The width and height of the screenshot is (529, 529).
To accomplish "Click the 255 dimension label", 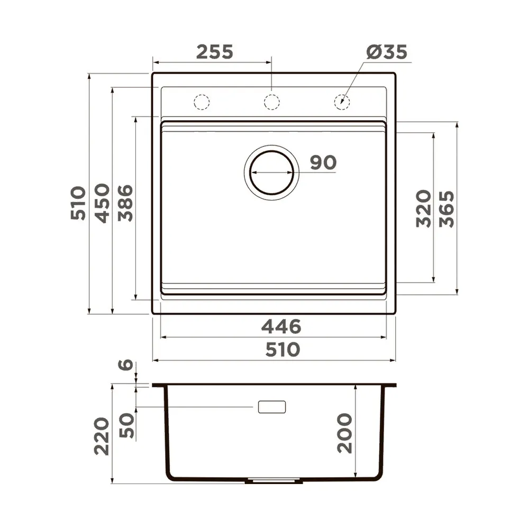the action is pyautogui.click(x=215, y=52).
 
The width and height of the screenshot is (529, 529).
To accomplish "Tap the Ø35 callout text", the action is pyautogui.click(x=387, y=52).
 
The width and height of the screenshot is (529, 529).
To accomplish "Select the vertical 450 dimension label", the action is pyautogui.click(x=102, y=203).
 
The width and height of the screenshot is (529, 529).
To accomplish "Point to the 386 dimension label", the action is pyautogui.click(x=125, y=203).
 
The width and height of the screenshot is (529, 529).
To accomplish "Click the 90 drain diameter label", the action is pyautogui.click(x=323, y=162).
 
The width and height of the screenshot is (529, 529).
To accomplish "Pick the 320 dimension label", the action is pyautogui.click(x=423, y=208).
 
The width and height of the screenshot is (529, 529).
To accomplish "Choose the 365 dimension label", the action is pyautogui.click(x=446, y=209).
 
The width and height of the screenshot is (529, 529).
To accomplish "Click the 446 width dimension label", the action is pyautogui.click(x=281, y=326).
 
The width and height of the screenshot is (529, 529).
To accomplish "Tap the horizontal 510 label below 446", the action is pyautogui.click(x=282, y=349).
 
